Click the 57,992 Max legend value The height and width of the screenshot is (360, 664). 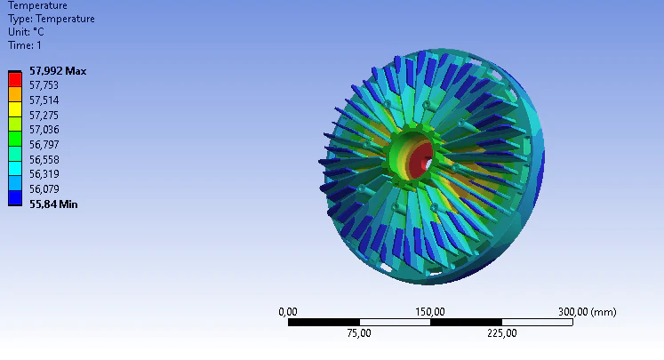click(58, 71)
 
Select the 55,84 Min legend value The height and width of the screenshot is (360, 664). click(53, 204)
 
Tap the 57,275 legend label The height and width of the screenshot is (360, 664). click(44, 116)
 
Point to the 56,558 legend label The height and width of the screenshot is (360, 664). click(44, 160)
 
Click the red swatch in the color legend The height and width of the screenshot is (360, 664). click(15, 80)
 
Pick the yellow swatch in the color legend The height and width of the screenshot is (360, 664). click(15, 109)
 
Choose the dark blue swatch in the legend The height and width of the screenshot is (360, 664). click(15, 198)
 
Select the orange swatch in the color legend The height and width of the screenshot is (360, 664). click(15, 94)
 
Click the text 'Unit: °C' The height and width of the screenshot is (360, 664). click(26, 32)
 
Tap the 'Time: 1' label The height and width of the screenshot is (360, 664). click(25, 45)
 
